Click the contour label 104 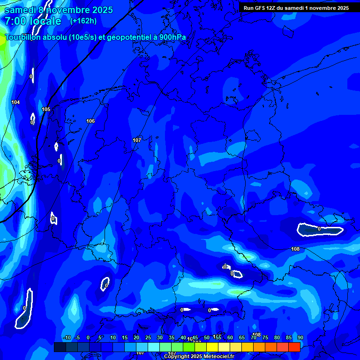pyautogui.click(x=15, y=102)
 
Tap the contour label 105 pyautogui.click(x=46, y=109)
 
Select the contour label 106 pyautogui.click(x=90, y=121)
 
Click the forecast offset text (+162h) pyautogui.click(x=83, y=21)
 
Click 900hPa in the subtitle pyautogui.click(x=172, y=37)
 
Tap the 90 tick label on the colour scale pyautogui.click(x=300, y=337)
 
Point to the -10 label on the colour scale pyautogui.click(x=67, y=337)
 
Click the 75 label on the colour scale pyautogui.click(x=265, y=337)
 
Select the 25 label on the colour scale pyautogui.click(x=148, y=337)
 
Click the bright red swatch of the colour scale pyautogui.click(x=294, y=347)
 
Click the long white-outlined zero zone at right pyautogui.click(x=320, y=230)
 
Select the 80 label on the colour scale pyautogui.click(x=277, y=337)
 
